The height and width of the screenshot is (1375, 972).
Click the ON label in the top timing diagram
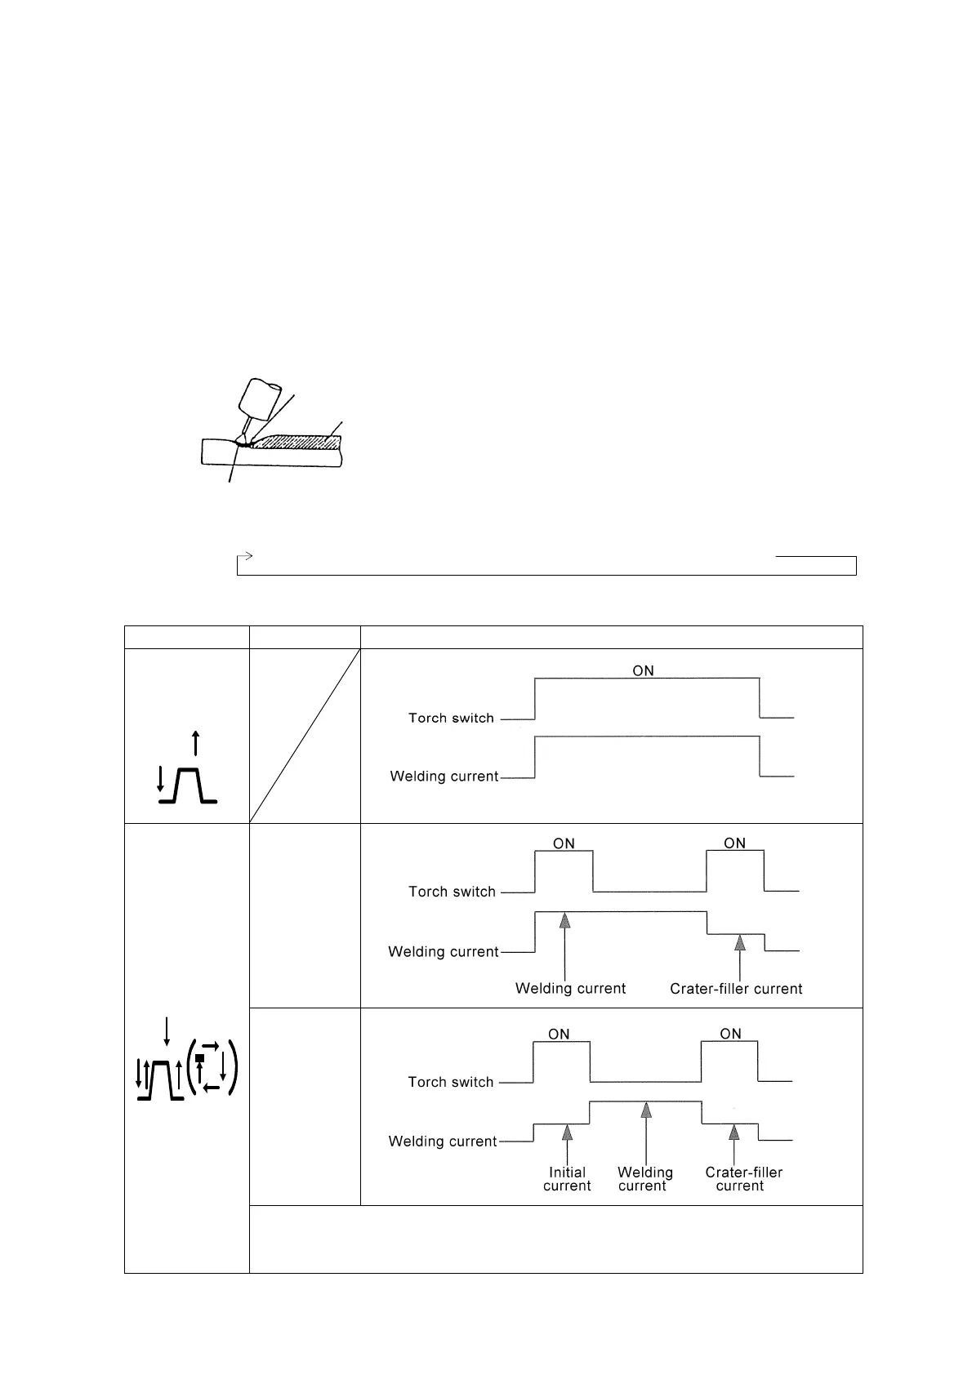643,670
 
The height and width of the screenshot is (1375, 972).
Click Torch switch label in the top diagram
451,719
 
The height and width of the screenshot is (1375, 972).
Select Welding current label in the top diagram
444,776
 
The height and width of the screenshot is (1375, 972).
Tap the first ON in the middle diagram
564,843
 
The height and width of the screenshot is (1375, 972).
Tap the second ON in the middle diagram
734,843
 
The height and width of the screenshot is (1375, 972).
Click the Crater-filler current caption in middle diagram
736,989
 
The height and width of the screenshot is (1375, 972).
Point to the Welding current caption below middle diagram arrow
570,989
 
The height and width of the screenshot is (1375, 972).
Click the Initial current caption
567,1179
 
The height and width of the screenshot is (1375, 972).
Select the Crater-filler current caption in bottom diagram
743,1179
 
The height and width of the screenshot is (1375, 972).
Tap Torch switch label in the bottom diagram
451,1082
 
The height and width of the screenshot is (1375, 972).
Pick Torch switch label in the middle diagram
452,892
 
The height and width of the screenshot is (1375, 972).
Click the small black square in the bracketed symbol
199,1058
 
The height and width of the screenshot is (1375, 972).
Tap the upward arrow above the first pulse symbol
194,744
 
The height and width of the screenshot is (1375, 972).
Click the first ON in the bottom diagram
559,1035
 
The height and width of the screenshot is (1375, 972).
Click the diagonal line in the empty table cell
305,735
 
